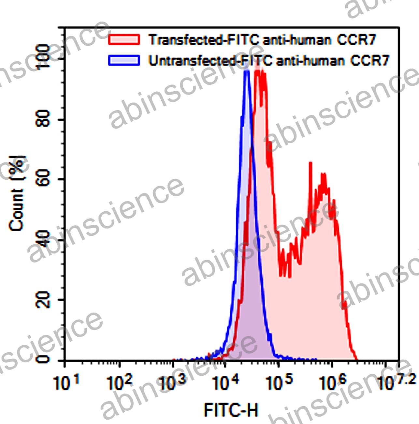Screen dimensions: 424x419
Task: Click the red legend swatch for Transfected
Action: click(x=124, y=39)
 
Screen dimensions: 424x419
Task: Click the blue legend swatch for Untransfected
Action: click(x=124, y=60)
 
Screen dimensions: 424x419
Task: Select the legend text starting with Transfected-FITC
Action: click(x=262, y=39)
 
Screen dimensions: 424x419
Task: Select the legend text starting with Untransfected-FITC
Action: click(x=269, y=60)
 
